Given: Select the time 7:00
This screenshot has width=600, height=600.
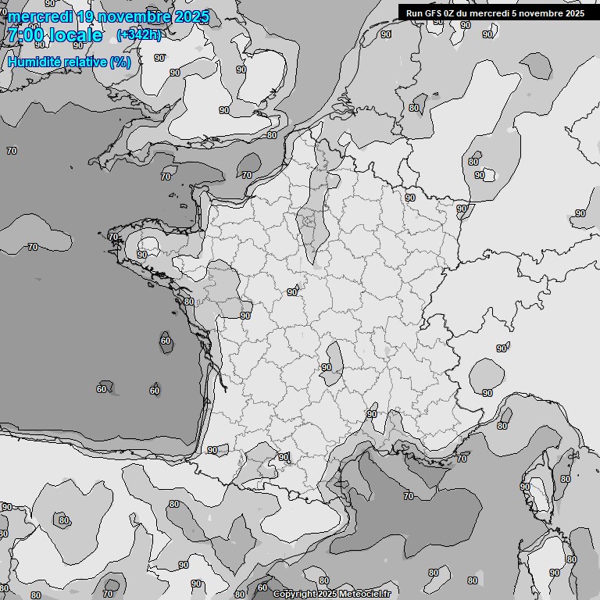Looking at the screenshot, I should (x=26, y=35).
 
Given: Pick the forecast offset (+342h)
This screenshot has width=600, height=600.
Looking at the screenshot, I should (x=139, y=35).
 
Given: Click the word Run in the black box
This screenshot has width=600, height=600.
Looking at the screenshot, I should (x=415, y=13).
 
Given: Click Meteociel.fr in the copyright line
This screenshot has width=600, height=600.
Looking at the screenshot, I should (x=364, y=595).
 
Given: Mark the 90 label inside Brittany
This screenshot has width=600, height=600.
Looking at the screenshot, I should (x=142, y=254).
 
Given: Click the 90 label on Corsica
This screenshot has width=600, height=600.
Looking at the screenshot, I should (x=525, y=486).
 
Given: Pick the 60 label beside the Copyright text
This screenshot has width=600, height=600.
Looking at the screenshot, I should (x=262, y=587).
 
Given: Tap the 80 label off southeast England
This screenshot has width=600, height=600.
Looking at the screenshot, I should (x=272, y=135).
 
